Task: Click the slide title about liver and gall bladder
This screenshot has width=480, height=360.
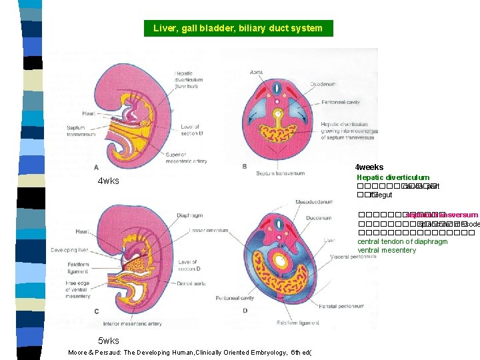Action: [238, 28]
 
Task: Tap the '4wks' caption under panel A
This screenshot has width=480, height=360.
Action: [108, 181]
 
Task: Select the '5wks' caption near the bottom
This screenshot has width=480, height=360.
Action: [109, 341]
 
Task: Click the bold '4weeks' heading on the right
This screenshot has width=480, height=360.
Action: [369, 167]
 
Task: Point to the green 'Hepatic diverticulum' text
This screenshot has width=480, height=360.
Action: [393, 177]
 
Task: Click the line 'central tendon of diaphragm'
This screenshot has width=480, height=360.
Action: [402, 241]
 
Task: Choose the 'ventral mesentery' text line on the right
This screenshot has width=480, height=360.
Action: [387, 250]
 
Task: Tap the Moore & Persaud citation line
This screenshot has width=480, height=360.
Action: [191, 353]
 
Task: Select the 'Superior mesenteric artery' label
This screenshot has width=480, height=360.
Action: [187, 157]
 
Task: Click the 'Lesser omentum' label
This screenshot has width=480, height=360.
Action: [207, 231]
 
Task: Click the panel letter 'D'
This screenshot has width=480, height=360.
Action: [245, 311]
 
